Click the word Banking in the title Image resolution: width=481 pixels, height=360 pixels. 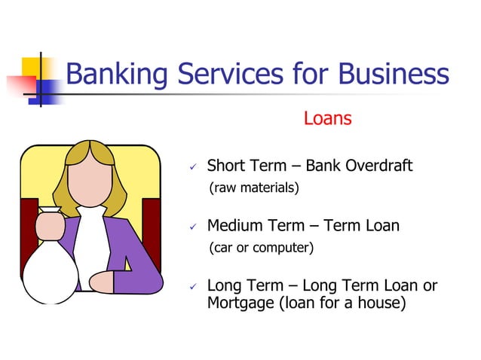[117, 75]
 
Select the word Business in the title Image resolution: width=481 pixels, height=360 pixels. [393, 75]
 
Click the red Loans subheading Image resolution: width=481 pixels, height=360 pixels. [328, 119]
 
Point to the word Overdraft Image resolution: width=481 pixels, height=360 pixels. [378, 166]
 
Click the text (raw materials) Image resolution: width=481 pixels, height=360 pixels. [254, 188]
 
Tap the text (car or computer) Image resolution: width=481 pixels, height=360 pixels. [261, 247]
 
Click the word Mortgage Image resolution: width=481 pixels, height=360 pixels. [240, 304]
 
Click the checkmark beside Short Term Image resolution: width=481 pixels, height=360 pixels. [193, 166]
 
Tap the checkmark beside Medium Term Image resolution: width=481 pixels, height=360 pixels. [193, 226]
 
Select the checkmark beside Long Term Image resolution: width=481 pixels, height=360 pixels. [193, 287]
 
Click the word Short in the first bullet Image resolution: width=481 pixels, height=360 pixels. [227, 166]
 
